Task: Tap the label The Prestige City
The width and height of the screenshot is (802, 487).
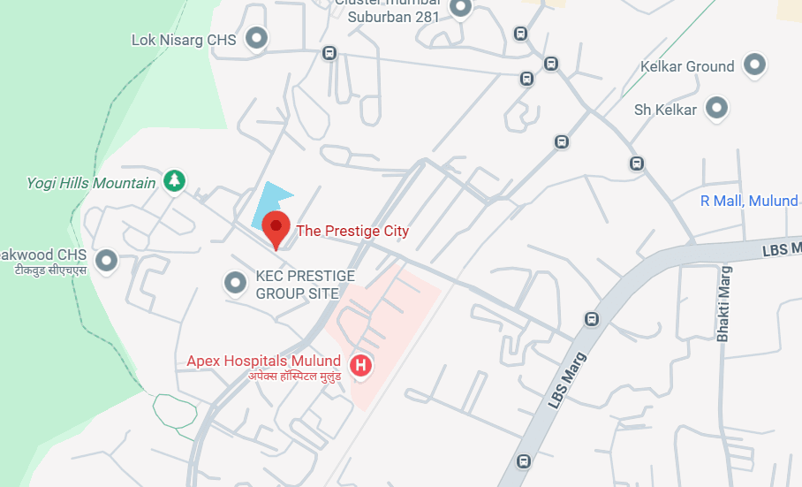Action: [x=352, y=232]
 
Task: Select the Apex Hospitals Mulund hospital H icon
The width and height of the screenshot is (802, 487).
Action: [x=360, y=365]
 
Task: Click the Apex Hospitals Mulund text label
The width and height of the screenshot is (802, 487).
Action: [x=263, y=361]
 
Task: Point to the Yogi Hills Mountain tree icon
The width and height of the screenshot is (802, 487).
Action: [x=175, y=181]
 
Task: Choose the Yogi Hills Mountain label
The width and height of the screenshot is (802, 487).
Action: [x=91, y=183]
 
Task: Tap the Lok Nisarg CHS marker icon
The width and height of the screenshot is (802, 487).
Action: [x=256, y=38]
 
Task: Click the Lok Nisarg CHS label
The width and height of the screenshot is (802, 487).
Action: [x=184, y=40]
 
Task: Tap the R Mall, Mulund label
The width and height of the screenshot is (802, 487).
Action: [x=748, y=202]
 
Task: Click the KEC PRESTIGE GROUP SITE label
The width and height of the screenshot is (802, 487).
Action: [x=305, y=285]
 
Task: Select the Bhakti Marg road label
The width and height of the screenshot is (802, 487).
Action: [x=724, y=304]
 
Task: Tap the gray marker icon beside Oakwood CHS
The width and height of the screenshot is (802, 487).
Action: [x=107, y=261]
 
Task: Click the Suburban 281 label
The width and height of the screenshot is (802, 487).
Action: [x=393, y=17]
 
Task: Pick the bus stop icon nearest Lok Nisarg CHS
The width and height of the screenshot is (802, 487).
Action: [x=329, y=53]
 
